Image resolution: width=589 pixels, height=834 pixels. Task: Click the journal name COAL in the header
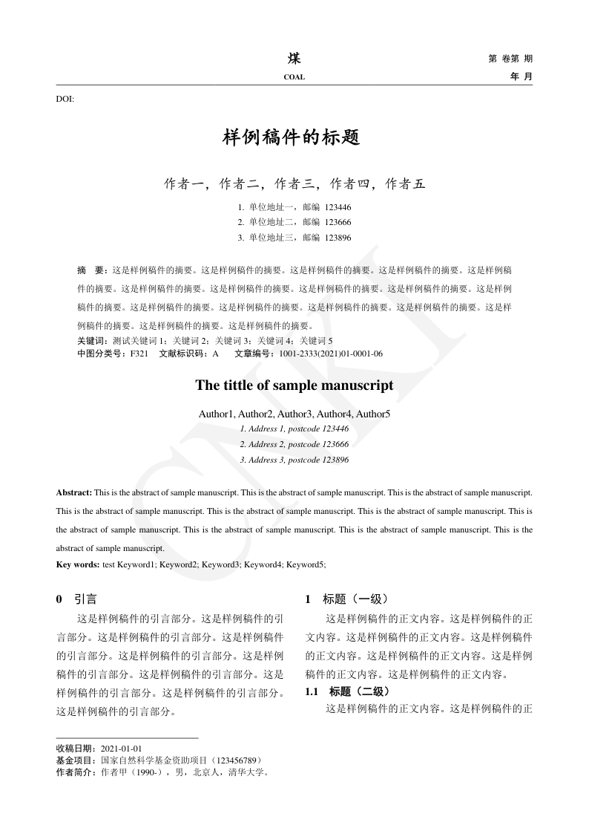[x=294, y=77]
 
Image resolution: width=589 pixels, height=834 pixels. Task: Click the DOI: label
[x=65, y=99]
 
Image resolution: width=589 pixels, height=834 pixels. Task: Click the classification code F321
[x=139, y=354]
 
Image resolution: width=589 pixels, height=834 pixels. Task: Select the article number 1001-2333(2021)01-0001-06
[x=331, y=354]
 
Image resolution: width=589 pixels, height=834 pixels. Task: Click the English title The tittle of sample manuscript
[x=294, y=386]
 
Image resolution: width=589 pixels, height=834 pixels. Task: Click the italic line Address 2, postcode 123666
[x=294, y=444]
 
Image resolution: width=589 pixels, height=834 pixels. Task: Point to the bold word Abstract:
[x=74, y=492]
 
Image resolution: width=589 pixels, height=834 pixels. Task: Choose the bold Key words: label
[x=78, y=564]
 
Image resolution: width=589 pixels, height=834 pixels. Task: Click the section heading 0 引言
[x=76, y=599]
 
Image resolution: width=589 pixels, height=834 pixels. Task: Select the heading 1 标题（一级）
[x=346, y=599]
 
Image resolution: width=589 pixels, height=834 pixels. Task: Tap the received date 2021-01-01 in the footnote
[x=121, y=749]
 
